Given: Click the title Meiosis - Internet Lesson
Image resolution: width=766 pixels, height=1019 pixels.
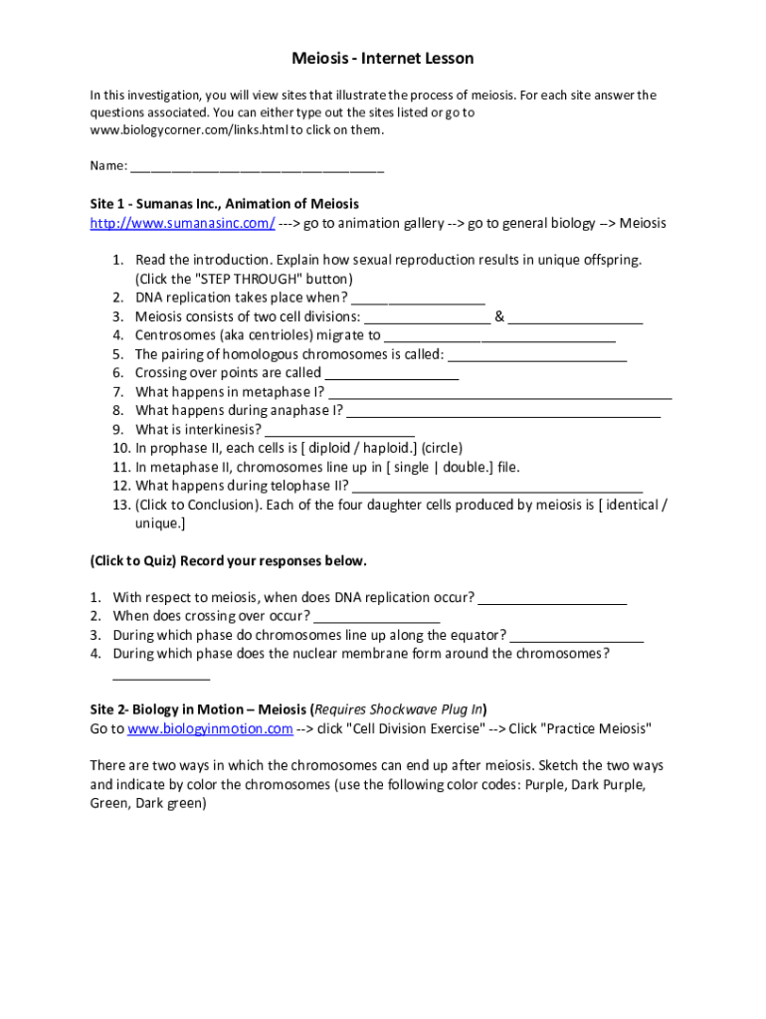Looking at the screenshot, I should click(x=382, y=59).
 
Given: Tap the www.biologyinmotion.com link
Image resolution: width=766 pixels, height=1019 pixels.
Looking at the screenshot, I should click(x=210, y=728).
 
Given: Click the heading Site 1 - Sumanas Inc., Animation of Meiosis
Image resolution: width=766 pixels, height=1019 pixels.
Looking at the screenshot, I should click(x=224, y=204).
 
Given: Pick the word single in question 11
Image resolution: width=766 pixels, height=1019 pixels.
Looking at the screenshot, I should click(x=411, y=467).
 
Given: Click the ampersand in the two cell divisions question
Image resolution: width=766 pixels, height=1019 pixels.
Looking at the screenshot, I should click(x=499, y=316).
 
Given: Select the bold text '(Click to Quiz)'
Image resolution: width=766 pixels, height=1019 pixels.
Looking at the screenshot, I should click(x=133, y=560).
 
